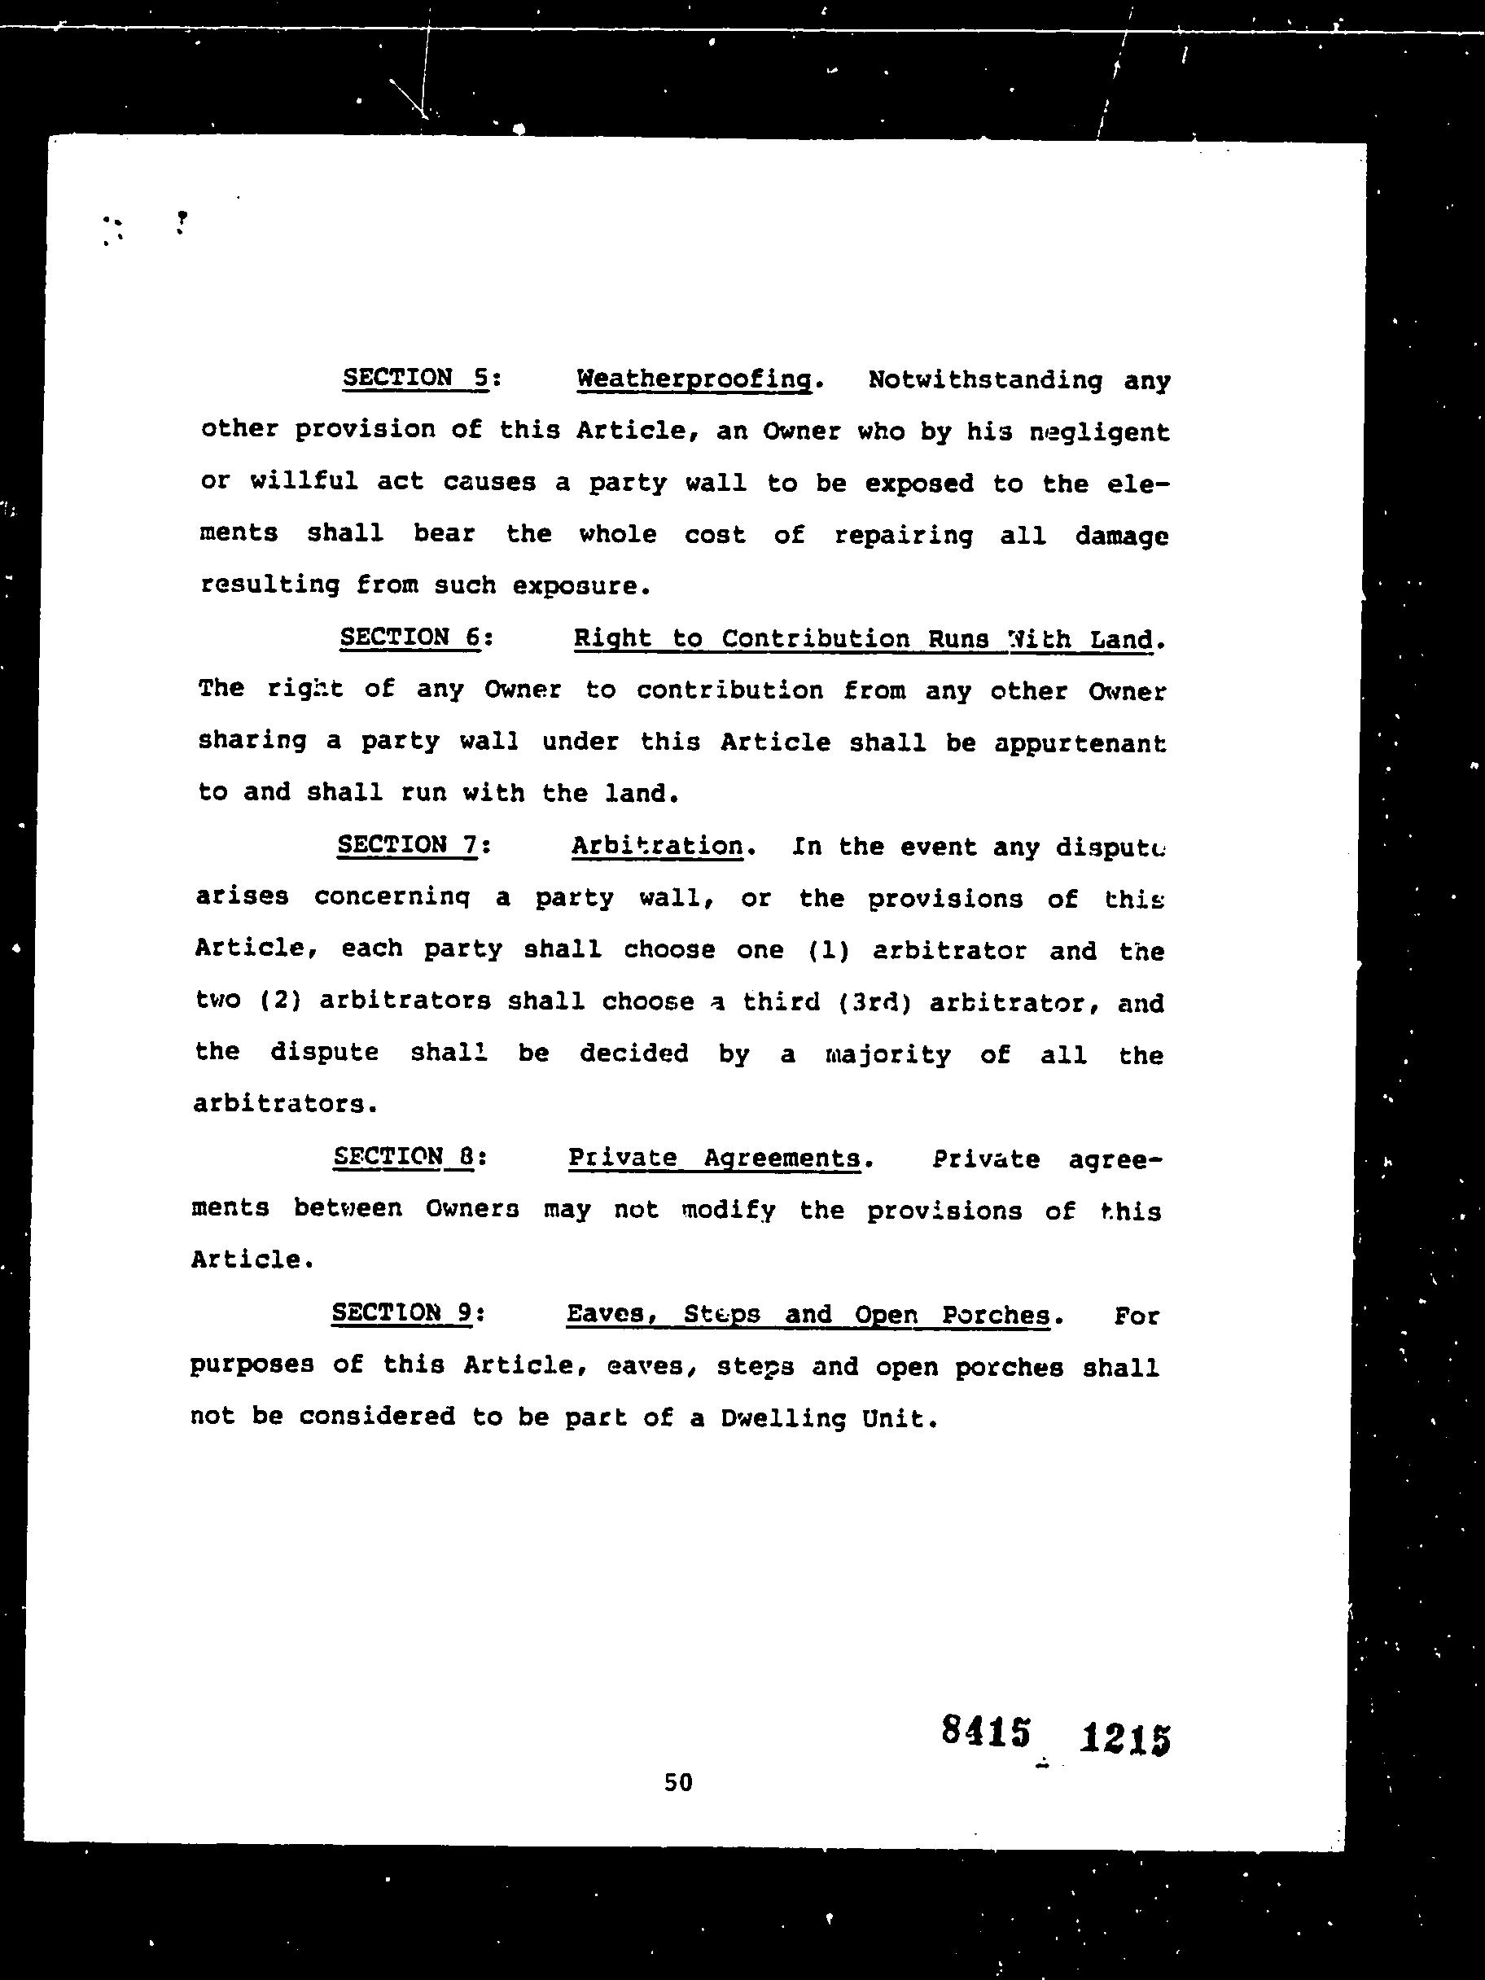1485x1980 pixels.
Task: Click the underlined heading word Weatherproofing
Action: point(694,379)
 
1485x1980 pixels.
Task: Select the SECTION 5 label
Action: point(416,378)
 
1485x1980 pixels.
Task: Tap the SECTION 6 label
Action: point(412,637)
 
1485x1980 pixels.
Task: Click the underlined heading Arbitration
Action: point(657,846)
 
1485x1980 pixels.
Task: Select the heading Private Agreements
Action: point(713,1159)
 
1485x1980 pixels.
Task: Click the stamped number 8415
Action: point(986,1730)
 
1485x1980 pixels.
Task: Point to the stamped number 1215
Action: point(1125,1738)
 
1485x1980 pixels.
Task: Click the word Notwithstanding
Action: point(984,380)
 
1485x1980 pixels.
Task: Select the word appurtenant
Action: point(1080,743)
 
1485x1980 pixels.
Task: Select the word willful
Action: point(304,482)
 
